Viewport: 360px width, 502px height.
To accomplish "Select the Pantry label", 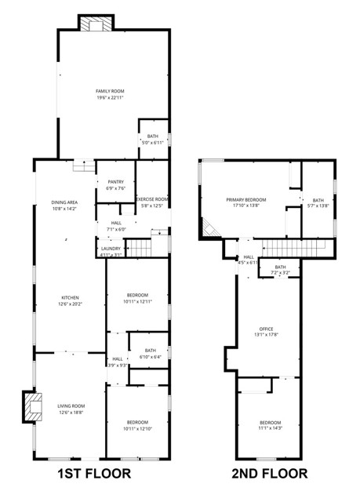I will point(115,185).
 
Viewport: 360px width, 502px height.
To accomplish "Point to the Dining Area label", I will point(64,206).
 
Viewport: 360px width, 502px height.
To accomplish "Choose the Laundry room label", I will point(111,251).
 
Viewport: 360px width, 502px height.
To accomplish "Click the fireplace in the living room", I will point(33,407).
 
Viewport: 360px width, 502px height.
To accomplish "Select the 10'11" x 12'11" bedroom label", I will point(137,298).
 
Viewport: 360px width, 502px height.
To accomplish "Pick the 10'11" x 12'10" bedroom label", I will point(137,425).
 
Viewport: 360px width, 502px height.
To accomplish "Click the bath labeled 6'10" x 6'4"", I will point(150,354).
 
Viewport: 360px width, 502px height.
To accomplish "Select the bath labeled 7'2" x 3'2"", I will point(280,271).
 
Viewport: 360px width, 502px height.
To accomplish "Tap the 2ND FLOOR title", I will point(270,474).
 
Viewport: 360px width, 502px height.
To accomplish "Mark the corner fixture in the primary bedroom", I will point(209,228).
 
